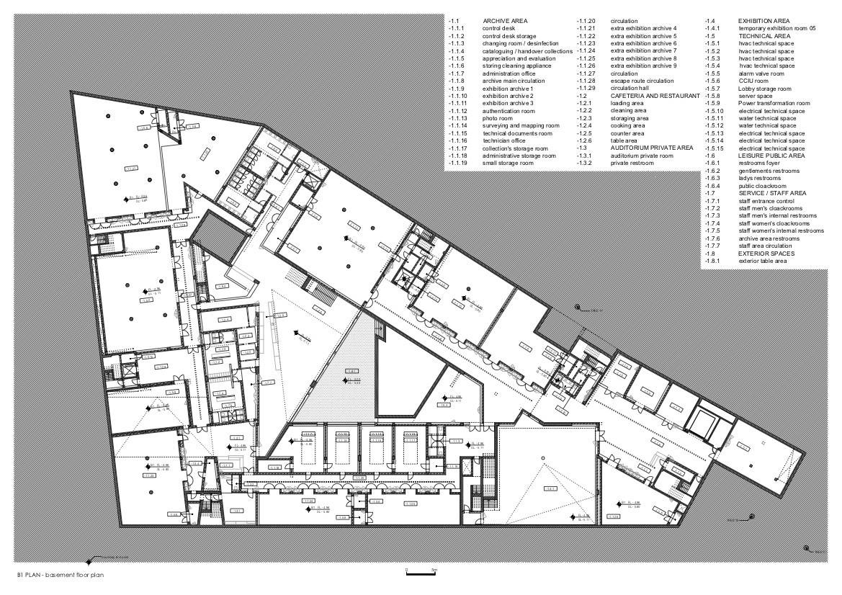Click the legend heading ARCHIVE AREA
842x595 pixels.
click(x=507, y=22)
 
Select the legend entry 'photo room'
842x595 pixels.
click(x=497, y=118)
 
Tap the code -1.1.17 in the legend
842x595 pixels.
click(x=457, y=148)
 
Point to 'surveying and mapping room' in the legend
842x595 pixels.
click(x=521, y=126)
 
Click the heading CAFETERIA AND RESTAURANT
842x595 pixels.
click(x=655, y=96)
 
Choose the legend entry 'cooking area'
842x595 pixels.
click(x=628, y=126)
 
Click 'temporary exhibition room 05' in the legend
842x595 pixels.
click(x=777, y=29)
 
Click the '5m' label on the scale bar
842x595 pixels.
click(x=434, y=570)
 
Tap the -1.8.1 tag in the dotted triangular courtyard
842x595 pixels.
click(x=352, y=372)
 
